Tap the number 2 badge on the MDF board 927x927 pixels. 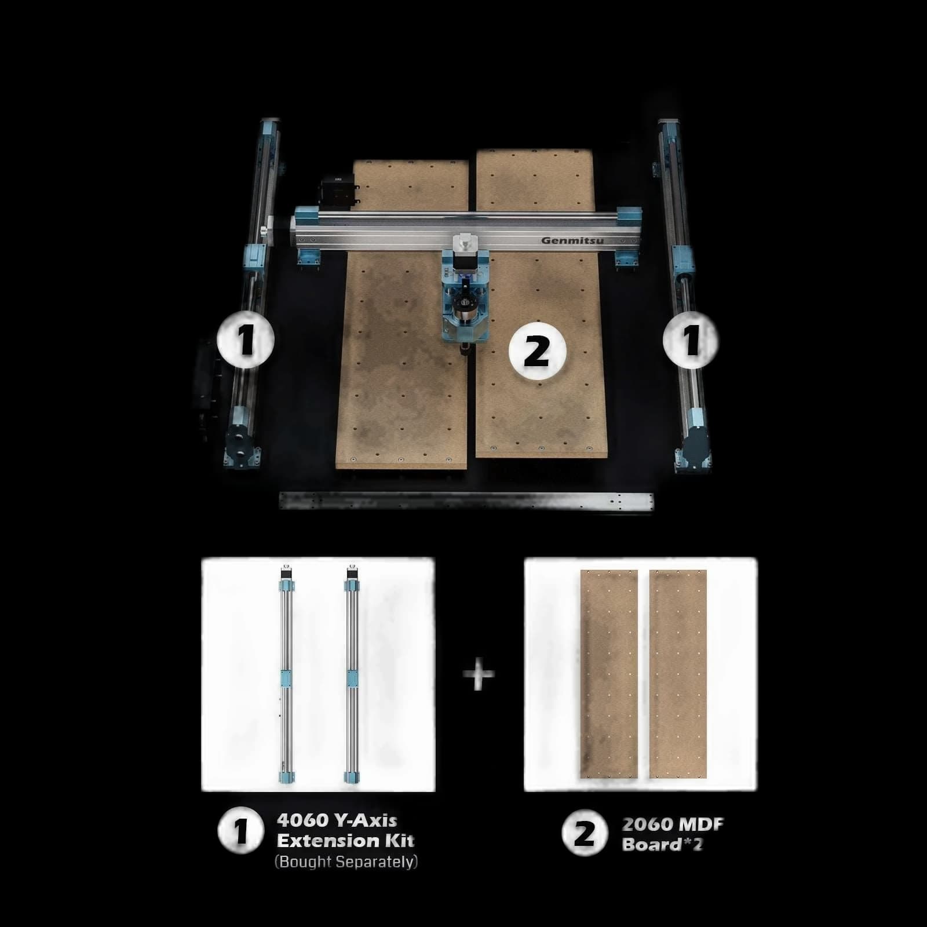(x=537, y=351)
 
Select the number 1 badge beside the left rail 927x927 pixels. (x=246, y=340)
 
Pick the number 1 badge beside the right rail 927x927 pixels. (x=691, y=340)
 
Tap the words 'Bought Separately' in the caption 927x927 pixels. (x=346, y=862)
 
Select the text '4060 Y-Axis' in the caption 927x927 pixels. (x=337, y=820)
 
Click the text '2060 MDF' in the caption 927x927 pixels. (x=673, y=824)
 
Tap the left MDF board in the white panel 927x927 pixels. (x=609, y=674)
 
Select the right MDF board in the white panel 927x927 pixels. (x=677, y=674)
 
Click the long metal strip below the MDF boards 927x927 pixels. (x=466, y=501)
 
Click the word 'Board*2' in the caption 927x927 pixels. (x=662, y=845)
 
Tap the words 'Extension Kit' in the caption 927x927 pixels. (x=345, y=841)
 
